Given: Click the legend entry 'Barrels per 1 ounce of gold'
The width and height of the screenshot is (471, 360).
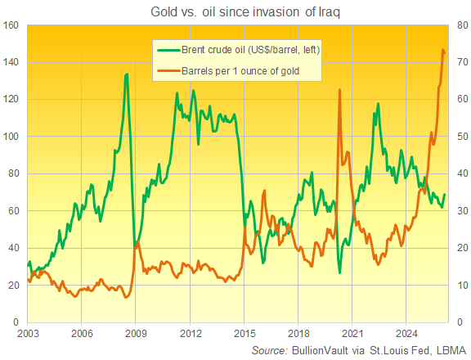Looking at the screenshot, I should pyautogui.click(x=240, y=70).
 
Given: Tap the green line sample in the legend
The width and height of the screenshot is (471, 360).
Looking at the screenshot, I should pyautogui.click(x=168, y=50).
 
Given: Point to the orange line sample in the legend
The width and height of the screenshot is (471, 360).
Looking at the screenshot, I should pyautogui.click(x=168, y=70).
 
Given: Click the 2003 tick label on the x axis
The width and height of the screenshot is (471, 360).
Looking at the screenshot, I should pyautogui.click(x=27, y=333).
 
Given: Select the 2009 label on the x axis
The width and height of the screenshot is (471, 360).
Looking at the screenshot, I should pyautogui.click(x=136, y=333).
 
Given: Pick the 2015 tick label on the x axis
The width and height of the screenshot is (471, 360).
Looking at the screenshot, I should pyautogui.click(x=244, y=333).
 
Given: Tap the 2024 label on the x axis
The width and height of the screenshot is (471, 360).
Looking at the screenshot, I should pyautogui.click(x=407, y=333).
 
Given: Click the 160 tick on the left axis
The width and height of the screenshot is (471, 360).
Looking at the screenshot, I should pyautogui.click(x=11, y=25).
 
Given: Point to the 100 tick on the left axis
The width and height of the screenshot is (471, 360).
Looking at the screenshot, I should pyautogui.click(x=11, y=137).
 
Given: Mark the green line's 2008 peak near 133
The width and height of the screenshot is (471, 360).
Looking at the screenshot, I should pyautogui.click(x=126, y=74).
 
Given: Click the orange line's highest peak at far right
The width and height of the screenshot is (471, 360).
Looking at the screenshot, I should pyautogui.click(x=443, y=50).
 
